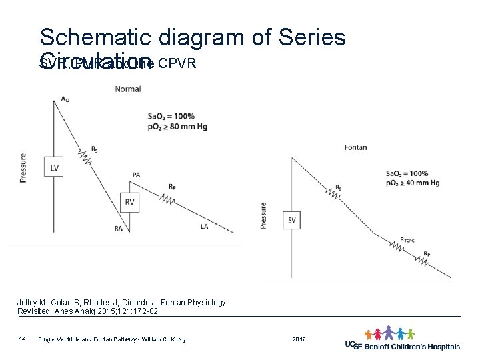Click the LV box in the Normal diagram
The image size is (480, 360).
(54, 168)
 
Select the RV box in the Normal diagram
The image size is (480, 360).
(129, 202)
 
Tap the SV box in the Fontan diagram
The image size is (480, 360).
(292, 221)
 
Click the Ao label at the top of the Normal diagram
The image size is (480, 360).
(65, 99)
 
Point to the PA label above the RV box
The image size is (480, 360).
(136, 175)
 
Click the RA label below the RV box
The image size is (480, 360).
(118, 229)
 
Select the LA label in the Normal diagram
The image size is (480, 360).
(204, 227)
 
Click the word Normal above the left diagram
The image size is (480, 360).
(127, 89)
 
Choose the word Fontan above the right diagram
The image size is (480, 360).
(355, 147)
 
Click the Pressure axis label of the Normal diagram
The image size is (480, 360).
(23, 168)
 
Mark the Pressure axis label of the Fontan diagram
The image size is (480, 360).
(263, 215)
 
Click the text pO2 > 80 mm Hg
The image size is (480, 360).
(179, 126)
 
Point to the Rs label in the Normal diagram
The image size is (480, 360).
(94, 149)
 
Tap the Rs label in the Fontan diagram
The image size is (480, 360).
(339, 187)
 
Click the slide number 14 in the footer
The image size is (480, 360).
(23, 340)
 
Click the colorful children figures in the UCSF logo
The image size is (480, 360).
(389, 333)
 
